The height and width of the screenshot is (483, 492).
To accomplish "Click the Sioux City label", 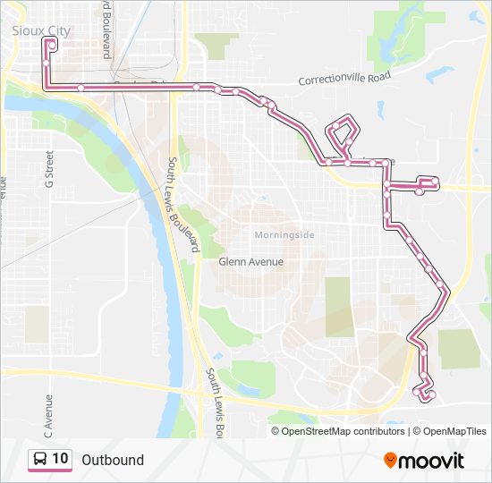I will [x=41, y=30].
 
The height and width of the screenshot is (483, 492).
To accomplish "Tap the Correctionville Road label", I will [x=344, y=79].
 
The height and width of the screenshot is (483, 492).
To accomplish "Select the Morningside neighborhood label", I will [x=284, y=235].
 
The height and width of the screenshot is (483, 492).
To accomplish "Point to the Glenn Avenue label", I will [x=250, y=262].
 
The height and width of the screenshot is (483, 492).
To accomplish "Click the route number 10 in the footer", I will [x=60, y=459].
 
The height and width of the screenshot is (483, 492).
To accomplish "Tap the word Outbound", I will [x=113, y=460].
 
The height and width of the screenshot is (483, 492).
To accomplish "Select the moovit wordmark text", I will [x=431, y=461].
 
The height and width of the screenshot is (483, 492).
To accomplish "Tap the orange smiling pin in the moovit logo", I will [x=390, y=460].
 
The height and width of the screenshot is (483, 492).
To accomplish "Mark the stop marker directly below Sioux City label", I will [x=53, y=43].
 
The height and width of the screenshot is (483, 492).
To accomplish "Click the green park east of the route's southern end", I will [x=460, y=348].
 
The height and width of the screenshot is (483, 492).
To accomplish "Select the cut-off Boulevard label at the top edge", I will [x=106, y=27].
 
